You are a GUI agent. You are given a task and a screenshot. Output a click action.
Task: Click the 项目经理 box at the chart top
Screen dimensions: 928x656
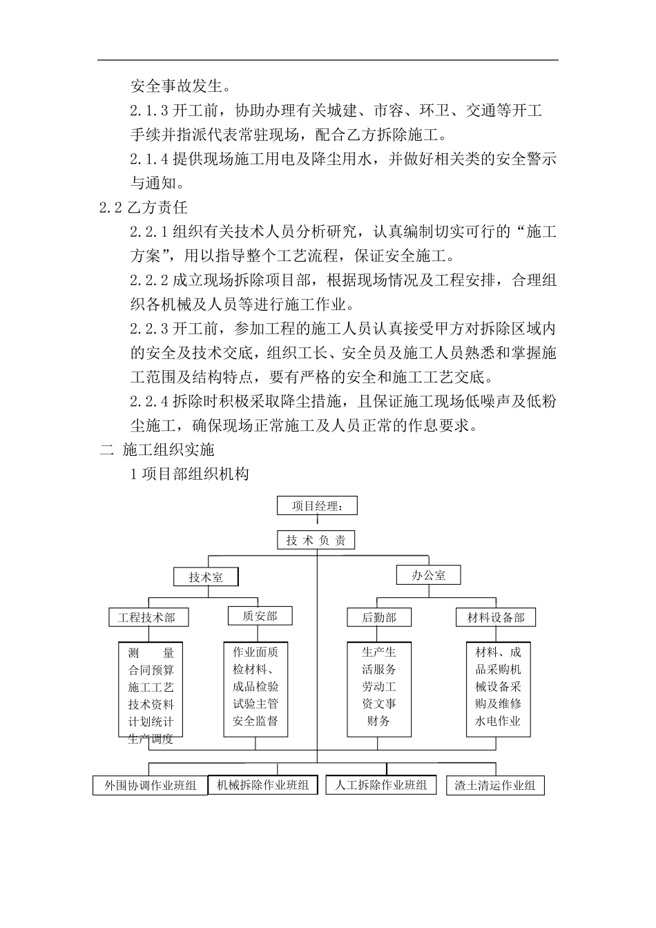[318, 506]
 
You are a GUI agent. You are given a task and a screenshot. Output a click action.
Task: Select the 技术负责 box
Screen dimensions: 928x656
[316, 540]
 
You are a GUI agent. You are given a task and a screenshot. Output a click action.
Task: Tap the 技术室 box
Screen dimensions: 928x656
[206, 577]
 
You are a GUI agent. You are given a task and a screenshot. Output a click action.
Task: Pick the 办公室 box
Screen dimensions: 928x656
[428, 574]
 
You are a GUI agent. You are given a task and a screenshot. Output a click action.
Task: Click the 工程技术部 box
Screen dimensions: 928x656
[147, 617]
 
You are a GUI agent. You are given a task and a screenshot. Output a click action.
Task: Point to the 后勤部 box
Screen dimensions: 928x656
[379, 617]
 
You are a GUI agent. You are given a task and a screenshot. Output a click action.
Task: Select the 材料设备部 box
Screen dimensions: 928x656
[496, 617]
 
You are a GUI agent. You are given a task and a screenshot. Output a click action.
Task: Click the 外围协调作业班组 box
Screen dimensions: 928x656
[150, 786]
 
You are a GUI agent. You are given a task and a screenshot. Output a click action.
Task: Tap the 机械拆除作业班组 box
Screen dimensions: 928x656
[262, 785]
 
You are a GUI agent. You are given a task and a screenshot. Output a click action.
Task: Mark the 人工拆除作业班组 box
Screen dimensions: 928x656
[380, 785]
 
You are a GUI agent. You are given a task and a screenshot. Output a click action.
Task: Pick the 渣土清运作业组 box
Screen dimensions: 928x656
[495, 786]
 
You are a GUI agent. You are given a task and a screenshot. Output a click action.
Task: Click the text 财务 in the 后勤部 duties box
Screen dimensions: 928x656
[379, 721]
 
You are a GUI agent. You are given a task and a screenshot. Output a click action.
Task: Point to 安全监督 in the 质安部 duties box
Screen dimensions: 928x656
[255, 722]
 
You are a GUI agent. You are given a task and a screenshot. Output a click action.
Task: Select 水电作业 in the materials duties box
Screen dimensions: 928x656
[498, 722]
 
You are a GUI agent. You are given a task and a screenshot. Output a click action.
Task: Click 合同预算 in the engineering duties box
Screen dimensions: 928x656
[151, 670]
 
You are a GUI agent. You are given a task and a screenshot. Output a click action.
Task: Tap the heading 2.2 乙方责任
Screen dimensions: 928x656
[144, 207]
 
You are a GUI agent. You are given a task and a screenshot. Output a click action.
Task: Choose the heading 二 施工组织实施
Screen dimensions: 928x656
[157, 450]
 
